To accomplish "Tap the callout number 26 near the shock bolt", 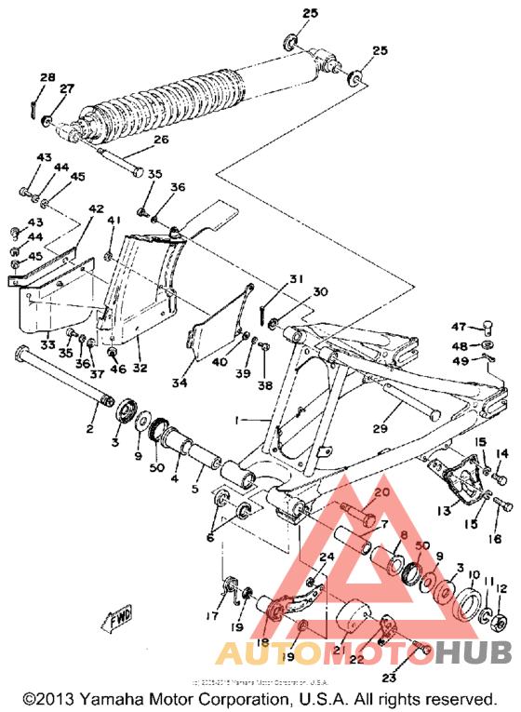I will [161, 141].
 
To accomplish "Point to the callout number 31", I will [295, 279].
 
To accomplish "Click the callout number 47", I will [459, 326].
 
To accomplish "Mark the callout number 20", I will [381, 492].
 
